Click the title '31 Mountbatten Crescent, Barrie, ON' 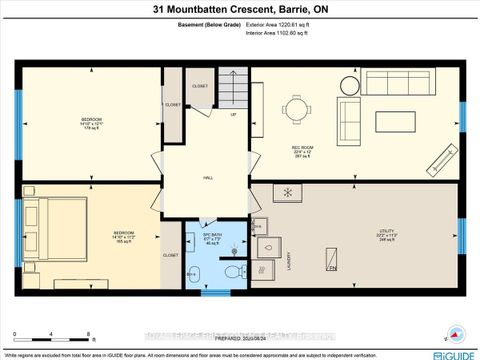pos(240,10)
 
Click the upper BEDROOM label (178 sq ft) pos(91,122)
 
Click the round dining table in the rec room pos(299,113)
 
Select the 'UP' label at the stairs pos(234,115)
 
